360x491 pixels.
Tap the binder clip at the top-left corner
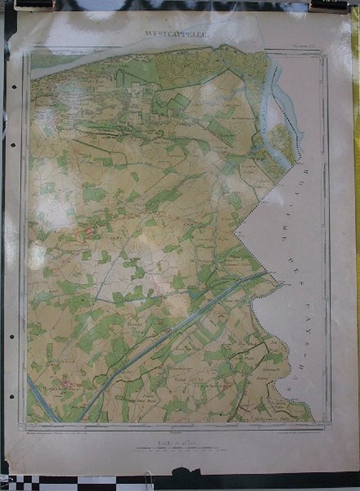point(34,6)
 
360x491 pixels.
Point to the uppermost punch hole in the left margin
point(12,86)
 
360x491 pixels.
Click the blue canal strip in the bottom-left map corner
point(41,398)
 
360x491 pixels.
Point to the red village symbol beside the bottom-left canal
point(66,384)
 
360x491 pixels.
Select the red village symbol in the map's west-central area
point(89,232)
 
